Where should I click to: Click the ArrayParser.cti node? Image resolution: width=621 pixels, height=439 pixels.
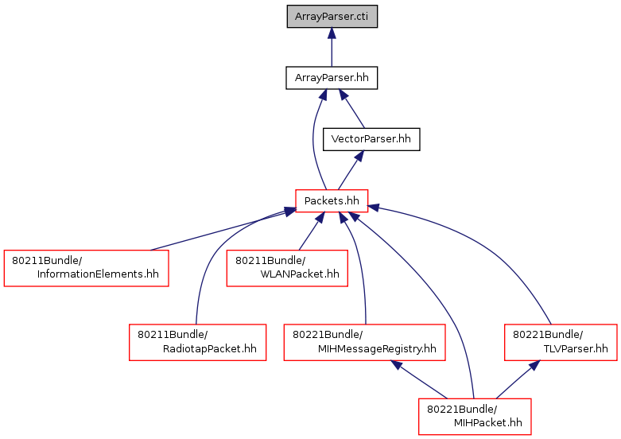332,17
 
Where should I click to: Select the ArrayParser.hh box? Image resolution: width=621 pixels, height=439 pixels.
332,77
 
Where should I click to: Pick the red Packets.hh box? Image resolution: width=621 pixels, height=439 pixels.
332,200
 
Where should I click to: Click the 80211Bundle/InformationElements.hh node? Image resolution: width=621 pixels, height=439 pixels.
87,268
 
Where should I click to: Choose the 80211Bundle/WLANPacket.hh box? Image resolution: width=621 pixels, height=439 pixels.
287,268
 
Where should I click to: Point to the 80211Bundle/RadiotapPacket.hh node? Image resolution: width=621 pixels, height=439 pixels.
198,341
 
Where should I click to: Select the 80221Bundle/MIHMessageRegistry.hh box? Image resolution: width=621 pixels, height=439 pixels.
365,341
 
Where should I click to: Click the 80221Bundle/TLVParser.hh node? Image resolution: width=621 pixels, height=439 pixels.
561,341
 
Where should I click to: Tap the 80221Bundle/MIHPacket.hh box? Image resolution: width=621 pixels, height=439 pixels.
475,414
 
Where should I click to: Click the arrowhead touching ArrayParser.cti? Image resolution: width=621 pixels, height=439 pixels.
332,35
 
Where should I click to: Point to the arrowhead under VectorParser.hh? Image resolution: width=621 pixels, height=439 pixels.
359,157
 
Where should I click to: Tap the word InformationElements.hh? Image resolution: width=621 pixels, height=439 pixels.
98,274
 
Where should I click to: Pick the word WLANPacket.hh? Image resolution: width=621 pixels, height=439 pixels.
299,274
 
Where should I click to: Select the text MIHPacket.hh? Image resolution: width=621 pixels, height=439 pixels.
487,422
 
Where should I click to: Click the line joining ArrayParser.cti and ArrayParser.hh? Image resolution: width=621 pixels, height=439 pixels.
332,54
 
